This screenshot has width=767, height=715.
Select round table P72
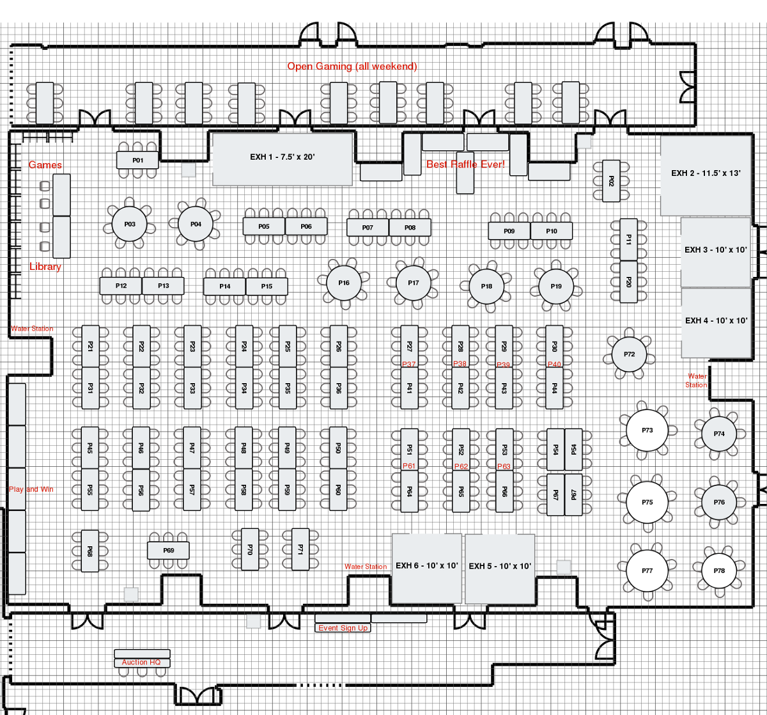point(629,354)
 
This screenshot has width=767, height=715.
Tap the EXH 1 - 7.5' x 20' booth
point(282,159)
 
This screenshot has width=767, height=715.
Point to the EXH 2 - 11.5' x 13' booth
point(705,174)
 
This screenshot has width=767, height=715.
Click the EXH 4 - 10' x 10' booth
point(716,322)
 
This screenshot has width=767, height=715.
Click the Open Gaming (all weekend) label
point(352,67)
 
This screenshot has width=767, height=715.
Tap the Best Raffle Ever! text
point(465,164)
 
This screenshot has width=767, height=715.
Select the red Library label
point(45,267)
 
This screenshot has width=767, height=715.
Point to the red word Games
point(45,165)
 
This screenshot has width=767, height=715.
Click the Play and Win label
point(31,489)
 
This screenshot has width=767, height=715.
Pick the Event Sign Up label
point(343,628)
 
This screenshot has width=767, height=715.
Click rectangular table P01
point(137,160)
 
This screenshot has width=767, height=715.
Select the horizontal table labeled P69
point(169,551)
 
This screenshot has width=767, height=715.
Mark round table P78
point(719,571)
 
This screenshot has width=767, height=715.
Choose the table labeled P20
point(628,281)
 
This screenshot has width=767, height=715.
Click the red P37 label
point(409,364)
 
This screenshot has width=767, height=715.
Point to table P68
point(89,551)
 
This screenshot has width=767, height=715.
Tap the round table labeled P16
point(344,283)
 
